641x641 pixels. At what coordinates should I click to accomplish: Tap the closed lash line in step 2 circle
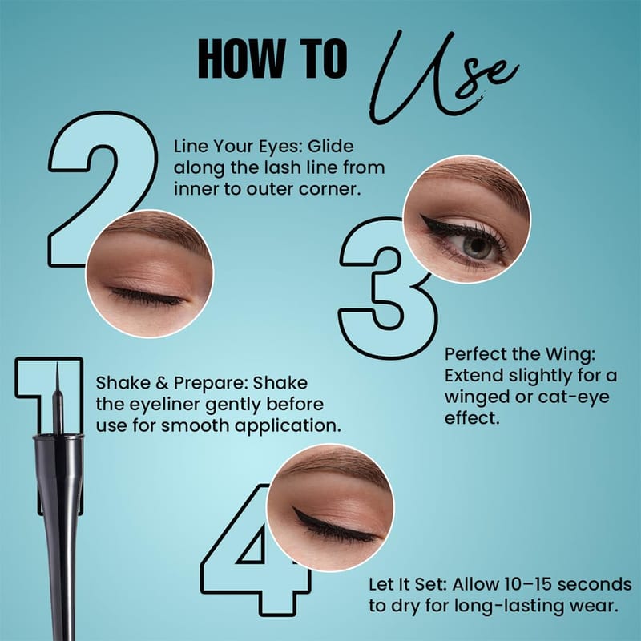[147, 298]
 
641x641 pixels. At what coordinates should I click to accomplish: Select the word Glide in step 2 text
[330, 146]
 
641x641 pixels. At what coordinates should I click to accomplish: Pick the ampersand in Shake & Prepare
[162, 384]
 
